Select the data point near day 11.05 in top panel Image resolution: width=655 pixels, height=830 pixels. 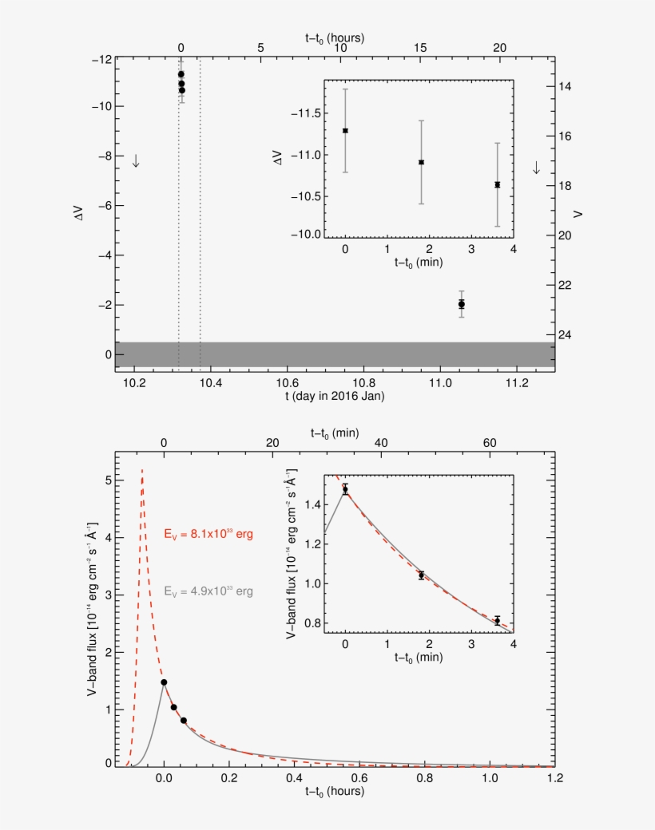click(x=462, y=304)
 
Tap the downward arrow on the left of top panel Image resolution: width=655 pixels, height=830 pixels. click(x=136, y=160)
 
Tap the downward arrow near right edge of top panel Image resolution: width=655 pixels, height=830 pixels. click(x=536, y=168)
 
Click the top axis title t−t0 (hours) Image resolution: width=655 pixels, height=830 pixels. click(x=335, y=37)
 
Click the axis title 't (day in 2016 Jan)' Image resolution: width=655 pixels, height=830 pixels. click(x=333, y=397)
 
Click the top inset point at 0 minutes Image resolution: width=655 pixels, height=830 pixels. click(x=345, y=130)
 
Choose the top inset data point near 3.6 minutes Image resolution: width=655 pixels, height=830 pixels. click(x=497, y=184)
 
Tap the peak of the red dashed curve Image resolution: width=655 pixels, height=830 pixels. click(x=142, y=470)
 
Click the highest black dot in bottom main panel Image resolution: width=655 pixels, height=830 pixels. click(x=164, y=682)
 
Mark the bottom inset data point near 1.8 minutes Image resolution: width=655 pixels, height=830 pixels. click(x=421, y=575)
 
